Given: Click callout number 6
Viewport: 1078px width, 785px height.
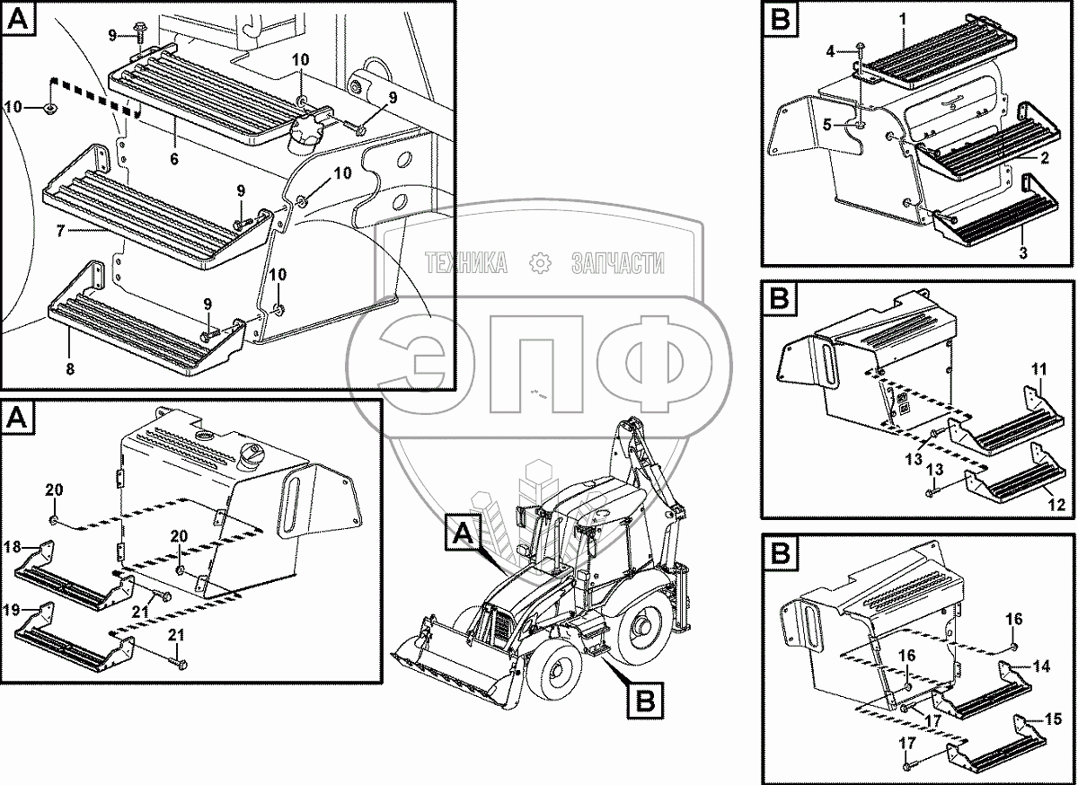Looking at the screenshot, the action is pos(174,159).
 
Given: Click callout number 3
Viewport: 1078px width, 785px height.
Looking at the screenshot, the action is pos(1022,254).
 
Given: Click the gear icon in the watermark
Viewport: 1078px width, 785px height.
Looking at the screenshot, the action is pos(540,263).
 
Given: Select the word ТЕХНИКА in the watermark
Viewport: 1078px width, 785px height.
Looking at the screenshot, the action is pos(466,263).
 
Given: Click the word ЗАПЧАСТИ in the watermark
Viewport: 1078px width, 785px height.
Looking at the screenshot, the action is pos(618,263).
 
